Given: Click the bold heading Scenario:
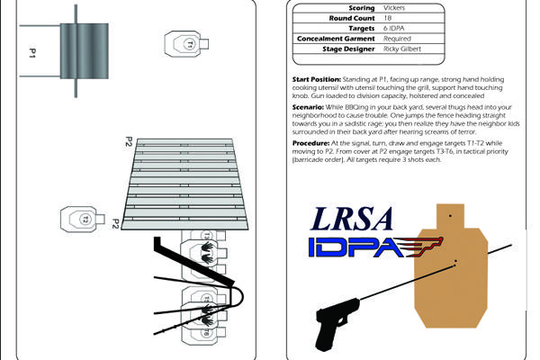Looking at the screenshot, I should point(312,106).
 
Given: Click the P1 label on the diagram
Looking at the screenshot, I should point(31,55).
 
